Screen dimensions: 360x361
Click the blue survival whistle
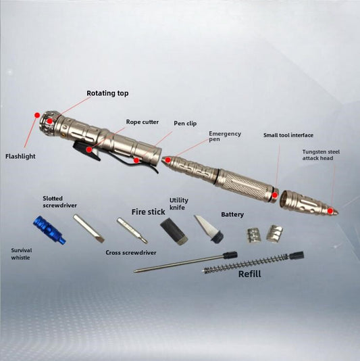coord(49,230)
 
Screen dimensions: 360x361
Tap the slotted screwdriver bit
coord(88,228)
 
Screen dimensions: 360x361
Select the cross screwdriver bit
coord(132,231)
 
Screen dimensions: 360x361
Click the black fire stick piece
coord(174,231)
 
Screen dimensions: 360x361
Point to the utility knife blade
coord(209,229)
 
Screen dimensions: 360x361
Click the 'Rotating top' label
coord(107,93)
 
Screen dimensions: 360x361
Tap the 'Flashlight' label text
coord(20,156)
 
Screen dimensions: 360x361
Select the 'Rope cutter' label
coord(143,122)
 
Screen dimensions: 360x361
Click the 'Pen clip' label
coord(185,124)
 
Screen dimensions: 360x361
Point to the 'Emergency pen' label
coord(225,137)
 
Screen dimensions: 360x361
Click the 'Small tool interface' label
coord(288,135)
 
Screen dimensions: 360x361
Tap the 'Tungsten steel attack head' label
coord(321,155)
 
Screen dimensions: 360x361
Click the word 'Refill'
coord(250,274)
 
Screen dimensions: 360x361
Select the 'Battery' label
coord(232,214)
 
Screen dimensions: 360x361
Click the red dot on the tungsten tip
coord(330,211)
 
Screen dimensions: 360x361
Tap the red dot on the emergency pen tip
coord(168,160)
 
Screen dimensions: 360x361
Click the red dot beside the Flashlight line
coord(36,115)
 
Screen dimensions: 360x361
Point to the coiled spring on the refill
coord(245,263)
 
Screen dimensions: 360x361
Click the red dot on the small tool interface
coord(275,195)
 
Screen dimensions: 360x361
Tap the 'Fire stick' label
coord(148,212)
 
